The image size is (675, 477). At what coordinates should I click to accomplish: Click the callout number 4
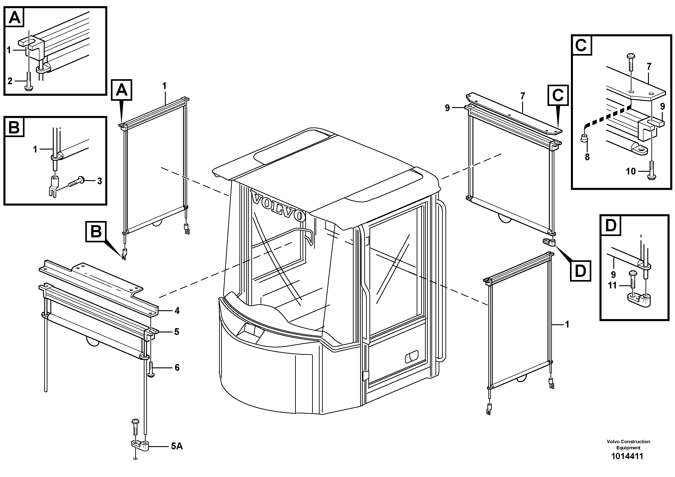coord(177,311)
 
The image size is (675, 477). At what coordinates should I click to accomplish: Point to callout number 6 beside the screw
coord(177,368)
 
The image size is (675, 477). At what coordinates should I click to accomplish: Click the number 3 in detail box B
coord(100,181)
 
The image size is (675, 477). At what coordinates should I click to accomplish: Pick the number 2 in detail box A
coord(10,81)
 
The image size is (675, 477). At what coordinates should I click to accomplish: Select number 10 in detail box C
coord(631,171)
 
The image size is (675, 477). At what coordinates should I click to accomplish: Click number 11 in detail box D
coord(612,285)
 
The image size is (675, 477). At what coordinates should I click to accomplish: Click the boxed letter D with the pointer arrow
coord(580,270)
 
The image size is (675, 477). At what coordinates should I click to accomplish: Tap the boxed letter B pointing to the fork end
coord(96,231)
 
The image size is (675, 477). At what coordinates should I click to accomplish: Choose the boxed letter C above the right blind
coord(558,95)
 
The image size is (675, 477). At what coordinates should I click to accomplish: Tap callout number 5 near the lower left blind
coord(176,332)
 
